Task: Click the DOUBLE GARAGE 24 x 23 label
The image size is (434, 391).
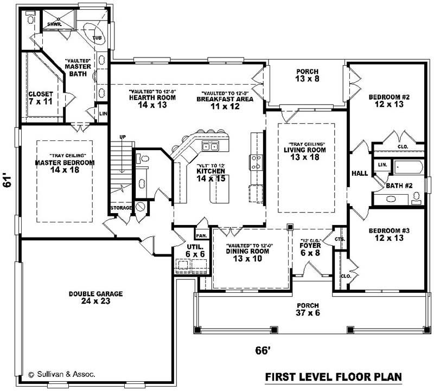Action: tap(95, 297)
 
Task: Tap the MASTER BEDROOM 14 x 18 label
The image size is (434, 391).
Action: tap(65, 166)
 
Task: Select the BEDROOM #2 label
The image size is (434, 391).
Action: tap(386, 101)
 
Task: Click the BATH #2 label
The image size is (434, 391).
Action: tap(400, 185)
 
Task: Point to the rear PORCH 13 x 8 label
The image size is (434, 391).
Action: tap(307, 75)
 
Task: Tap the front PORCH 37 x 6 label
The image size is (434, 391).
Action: tap(307, 309)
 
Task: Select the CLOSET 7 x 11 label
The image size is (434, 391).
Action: tap(41, 98)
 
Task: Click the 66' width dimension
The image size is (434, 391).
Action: tap(263, 351)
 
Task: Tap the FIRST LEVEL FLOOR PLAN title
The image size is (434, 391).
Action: tap(333, 377)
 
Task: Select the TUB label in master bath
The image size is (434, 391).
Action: tap(97, 38)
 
